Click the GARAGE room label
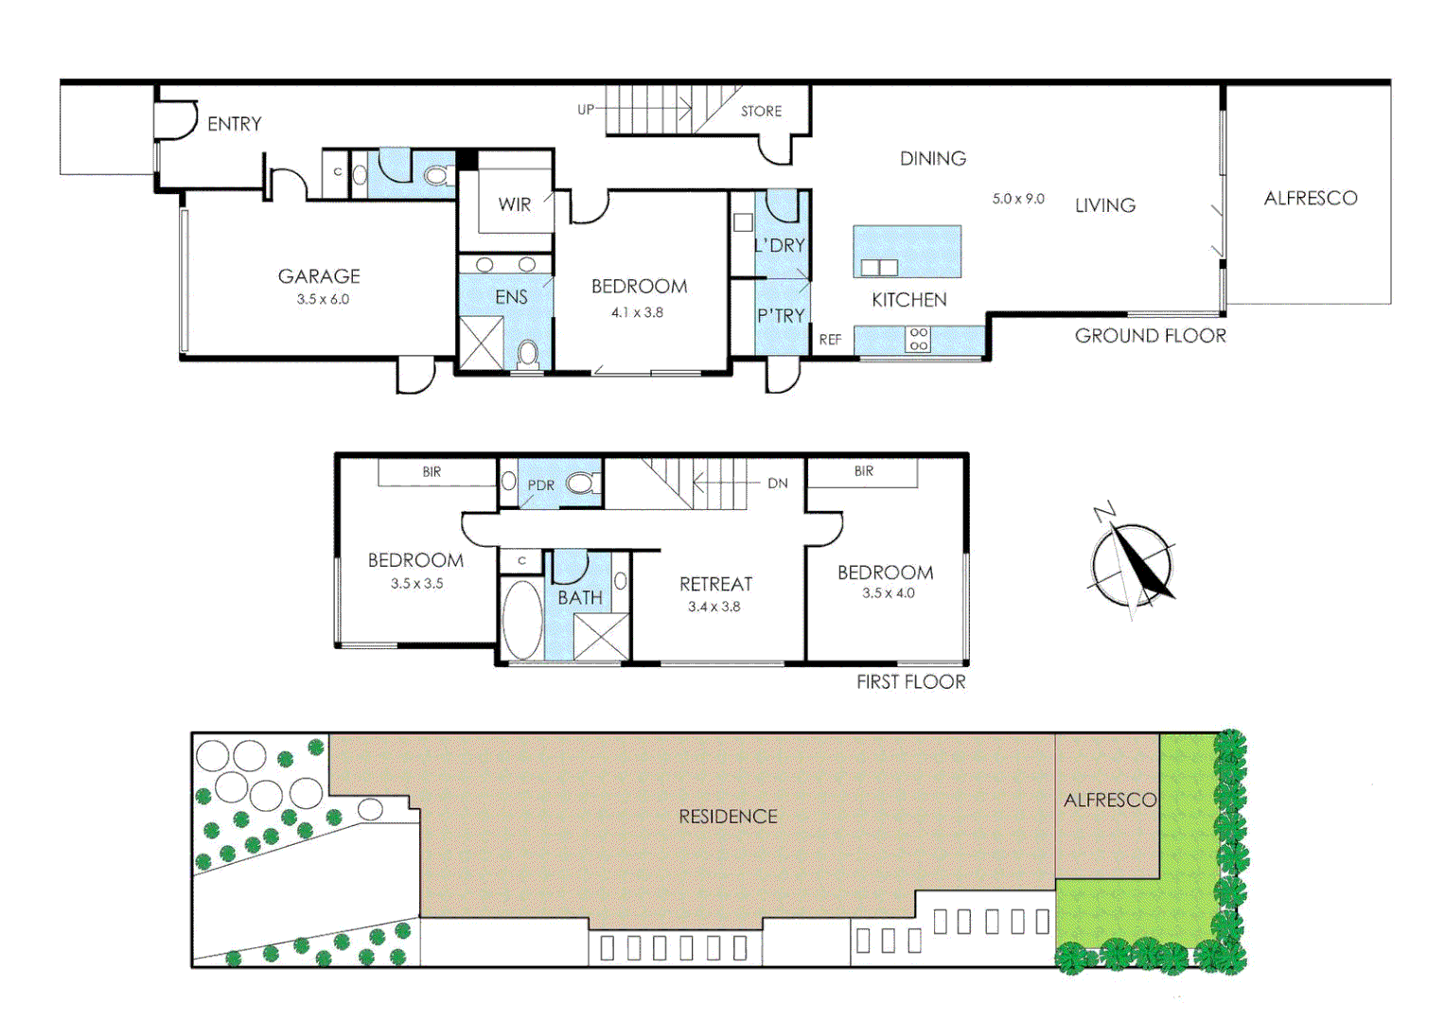pyautogui.click(x=319, y=276)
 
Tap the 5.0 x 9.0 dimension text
pyautogui.click(x=1018, y=199)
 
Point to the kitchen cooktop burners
pyautogui.click(x=918, y=340)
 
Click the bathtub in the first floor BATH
pyautogui.click(x=521, y=620)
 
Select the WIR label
pyautogui.click(x=515, y=204)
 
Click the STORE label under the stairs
pyautogui.click(x=761, y=112)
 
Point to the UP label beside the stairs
pyautogui.click(x=586, y=110)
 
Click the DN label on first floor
pyautogui.click(x=777, y=484)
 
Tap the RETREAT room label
pyautogui.click(x=715, y=585)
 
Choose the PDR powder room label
pyautogui.click(x=541, y=485)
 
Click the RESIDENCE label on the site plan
pyautogui.click(x=728, y=817)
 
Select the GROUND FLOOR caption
pyautogui.click(x=1150, y=336)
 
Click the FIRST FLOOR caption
pyautogui.click(x=910, y=682)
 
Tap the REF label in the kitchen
pyautogui.click(x=830, y=340)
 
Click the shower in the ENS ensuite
pyautogui.click(x=481, y=343)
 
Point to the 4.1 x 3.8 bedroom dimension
pyautogui.click(x=637, y=312)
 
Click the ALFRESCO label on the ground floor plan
pyautogui.click(x=1310, y=199)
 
